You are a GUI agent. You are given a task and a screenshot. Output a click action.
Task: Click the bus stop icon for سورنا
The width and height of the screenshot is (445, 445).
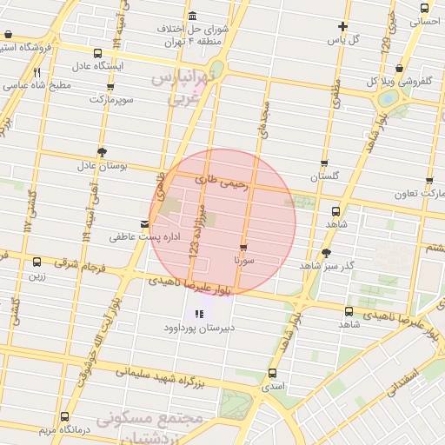pyautogui.click(x=242, y=246)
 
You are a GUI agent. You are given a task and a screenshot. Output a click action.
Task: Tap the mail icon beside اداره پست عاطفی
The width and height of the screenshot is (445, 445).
pyautogui.click(x=145, y=223)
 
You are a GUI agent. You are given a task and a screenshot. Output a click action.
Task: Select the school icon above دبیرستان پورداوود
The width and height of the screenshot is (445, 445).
pyautogui.click(x=199, y=314)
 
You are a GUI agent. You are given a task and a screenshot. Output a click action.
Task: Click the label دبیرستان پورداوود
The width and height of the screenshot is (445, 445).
pyautogui.click(x=199, y=329)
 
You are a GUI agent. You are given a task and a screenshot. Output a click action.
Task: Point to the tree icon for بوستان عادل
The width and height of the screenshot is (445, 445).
pyautogui.click(x=102, y=150)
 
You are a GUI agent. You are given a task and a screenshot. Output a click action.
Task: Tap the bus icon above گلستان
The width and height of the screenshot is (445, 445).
pyautogui.click(x=324, y=163)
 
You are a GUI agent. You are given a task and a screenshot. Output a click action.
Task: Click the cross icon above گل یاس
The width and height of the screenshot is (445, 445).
pyautogui.click(x=343, y=26)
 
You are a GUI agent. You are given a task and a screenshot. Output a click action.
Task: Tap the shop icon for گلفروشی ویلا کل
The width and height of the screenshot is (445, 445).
pyautogui.click(x=399, y=68)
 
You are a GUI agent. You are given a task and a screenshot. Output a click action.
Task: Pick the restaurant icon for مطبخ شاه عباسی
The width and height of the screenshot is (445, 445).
pyautogui.click(x=37, y=73)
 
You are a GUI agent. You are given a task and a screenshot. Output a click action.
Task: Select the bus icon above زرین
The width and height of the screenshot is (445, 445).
pyautogui.click(x=37, y=262)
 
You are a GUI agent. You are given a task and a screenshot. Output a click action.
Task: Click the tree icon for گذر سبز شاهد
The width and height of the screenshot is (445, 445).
pyautogui.click(x=326, y=253)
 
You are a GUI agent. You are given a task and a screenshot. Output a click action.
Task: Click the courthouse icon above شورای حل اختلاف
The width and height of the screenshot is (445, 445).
pyautogui.click(x=191, y=17)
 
